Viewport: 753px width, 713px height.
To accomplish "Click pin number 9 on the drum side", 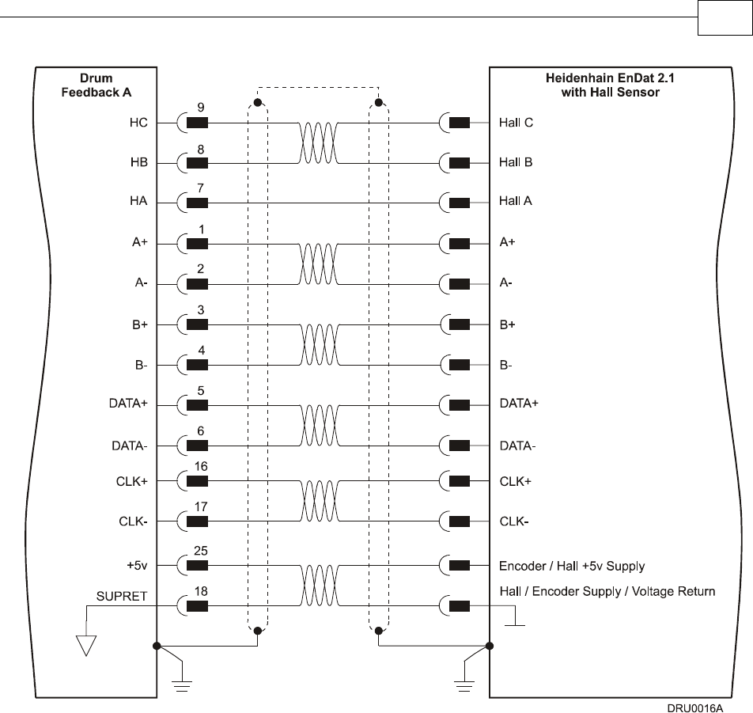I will [201, 108].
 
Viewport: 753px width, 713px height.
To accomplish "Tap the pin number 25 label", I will [201, 551].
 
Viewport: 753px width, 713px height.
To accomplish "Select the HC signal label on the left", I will [138, 123].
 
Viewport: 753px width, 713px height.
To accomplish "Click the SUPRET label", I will [122, 596].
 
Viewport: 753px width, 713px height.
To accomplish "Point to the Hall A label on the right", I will [516, 201].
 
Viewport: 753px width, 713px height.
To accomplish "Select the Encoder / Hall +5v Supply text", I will [572, 566].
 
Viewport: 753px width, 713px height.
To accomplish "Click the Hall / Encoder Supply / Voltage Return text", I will [607, 591].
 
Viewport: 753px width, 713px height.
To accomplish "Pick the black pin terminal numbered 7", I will [198, 203].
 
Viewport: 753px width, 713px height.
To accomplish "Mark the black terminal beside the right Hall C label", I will [459, 123].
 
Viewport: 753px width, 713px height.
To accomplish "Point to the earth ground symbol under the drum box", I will [183, 684].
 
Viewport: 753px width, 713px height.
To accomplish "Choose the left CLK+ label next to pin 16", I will [132, 480].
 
